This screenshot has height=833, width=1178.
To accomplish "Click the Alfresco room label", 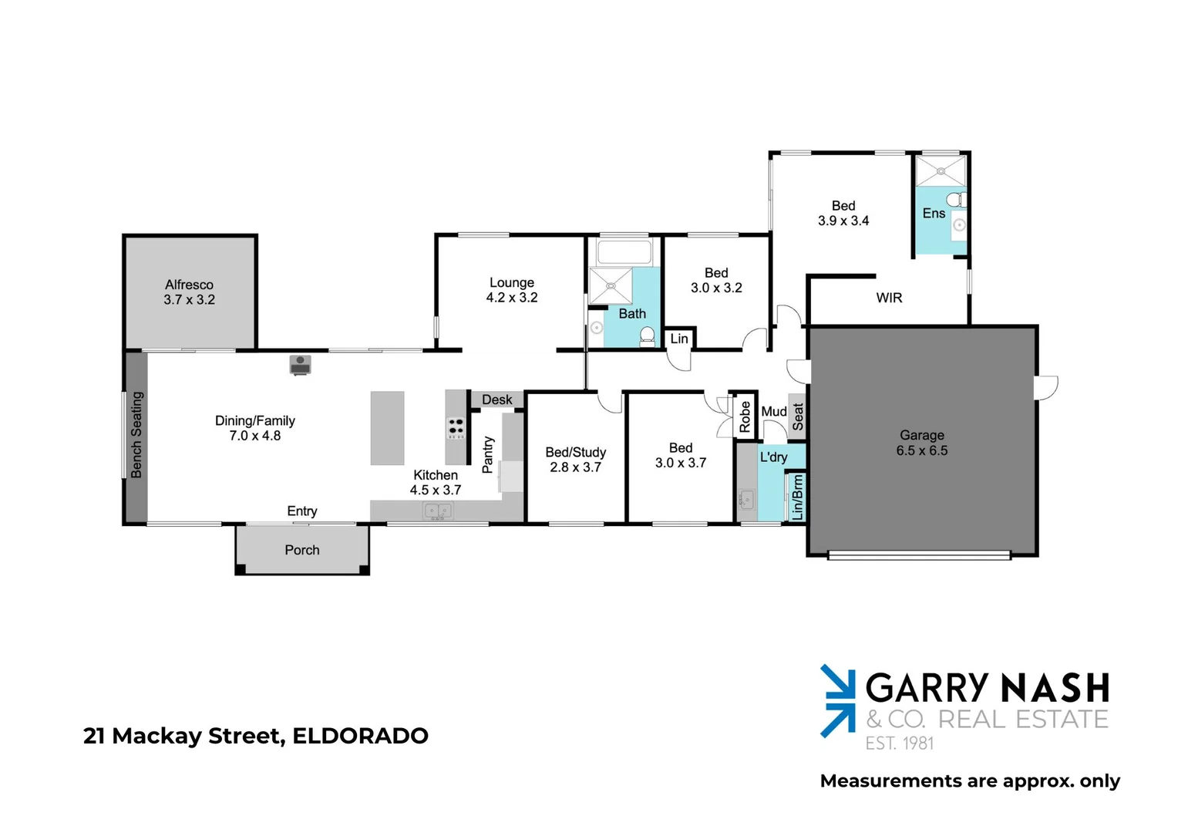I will (189, 285).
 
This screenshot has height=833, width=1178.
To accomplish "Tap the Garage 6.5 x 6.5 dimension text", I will (922, 450).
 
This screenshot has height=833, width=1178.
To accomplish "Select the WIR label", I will (889, 298).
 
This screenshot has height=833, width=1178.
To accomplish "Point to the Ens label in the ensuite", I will (934, 214).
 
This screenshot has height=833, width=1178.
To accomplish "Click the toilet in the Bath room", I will (648, 336).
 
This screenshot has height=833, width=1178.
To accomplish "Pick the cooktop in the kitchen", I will (456, 427).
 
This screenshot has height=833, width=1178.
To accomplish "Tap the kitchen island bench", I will (387, 428).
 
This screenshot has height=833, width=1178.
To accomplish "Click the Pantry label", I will (487, 454).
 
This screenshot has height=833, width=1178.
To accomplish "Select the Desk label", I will (496, 400).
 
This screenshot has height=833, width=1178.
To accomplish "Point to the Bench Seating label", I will (136, 435).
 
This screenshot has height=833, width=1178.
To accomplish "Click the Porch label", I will (302, 550).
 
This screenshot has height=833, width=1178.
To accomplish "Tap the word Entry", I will (302, 511).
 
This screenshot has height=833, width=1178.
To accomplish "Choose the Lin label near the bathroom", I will (679, 339).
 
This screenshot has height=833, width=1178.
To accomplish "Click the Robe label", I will (745, 417).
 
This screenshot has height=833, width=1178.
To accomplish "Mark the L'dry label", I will (773, 457).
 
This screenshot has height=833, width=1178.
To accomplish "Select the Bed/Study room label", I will (575, 453).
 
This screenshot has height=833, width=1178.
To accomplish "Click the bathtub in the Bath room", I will (624, 252).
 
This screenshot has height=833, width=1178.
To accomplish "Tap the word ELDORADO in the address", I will (360, 736).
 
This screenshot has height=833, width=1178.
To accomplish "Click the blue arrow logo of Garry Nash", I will (837, 700).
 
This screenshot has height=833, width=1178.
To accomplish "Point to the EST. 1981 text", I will (899, 744).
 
